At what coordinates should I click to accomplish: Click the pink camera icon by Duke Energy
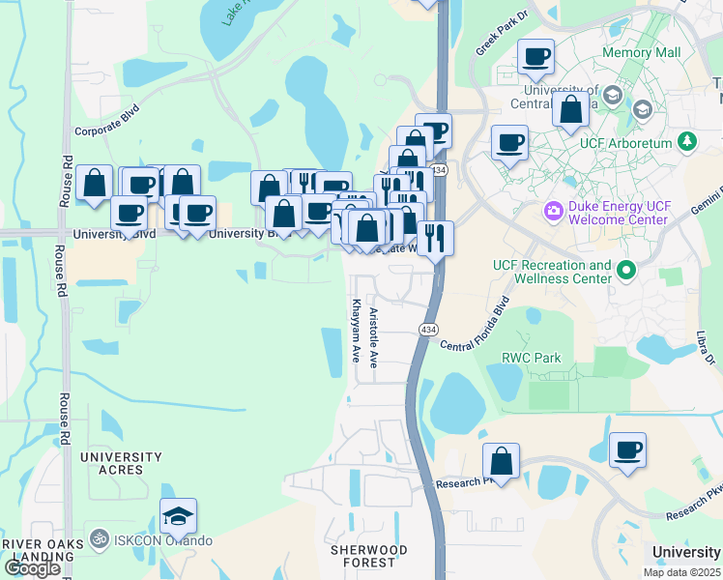pos(553,209)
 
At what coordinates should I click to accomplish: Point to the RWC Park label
pos(531,358)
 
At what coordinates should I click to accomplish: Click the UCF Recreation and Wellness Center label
pos(552,272)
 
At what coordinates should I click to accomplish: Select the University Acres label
pos(121,463)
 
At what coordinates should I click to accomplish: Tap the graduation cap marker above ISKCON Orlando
pos(178,517)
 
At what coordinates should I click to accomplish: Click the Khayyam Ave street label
pos(357,330)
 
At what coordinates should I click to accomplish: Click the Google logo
pos(32,568)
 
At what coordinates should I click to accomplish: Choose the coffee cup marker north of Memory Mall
pos(535,57)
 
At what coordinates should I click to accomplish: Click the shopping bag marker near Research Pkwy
pos(502,461)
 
